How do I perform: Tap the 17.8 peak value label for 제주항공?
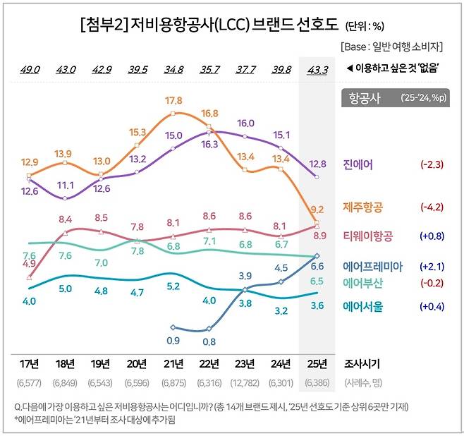tap(173, 100)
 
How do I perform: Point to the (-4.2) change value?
tap(431, 207)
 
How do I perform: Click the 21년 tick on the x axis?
tap(173, 364)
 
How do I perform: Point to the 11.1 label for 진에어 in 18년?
tap(66, 185)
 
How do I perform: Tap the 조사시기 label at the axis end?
tap(360, 364)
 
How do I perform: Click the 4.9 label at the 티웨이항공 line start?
tap(29, 263)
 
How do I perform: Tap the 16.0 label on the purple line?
tap(246, 123)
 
